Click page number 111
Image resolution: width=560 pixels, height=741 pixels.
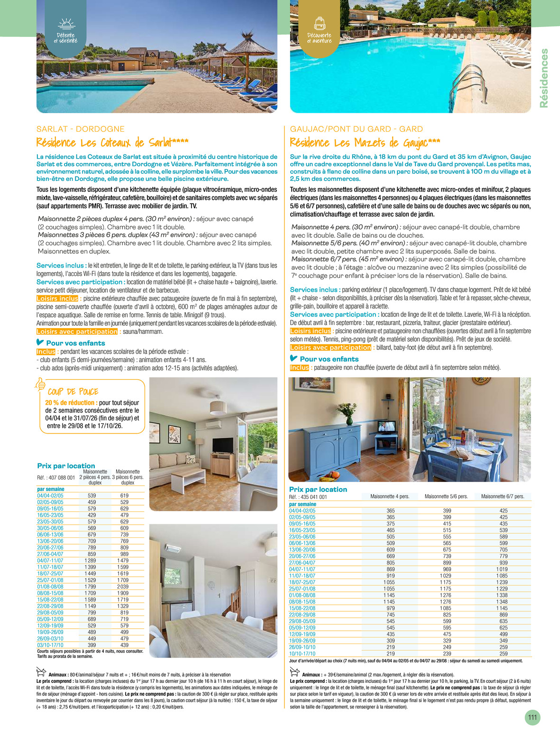tap(532, 717)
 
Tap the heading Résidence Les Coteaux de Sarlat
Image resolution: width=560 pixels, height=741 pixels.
tap(112, 143)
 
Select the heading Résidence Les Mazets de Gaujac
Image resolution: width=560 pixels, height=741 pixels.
tap(365, 143)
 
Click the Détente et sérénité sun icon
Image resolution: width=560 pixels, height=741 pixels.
tap(66, 24)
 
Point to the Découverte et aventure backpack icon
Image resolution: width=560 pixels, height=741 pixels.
tap(319, 24)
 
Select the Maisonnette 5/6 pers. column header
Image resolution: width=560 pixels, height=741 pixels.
tap(446, 496)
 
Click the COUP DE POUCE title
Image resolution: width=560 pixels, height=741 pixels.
tap(73, 392)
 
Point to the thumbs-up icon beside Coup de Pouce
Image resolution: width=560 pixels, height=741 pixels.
tap(41, 384)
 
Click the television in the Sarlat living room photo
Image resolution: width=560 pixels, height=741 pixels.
tap(222, 446)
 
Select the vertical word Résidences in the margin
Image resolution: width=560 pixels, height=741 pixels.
tap(544, 78)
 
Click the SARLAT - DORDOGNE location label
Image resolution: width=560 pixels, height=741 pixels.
tap(81, 129)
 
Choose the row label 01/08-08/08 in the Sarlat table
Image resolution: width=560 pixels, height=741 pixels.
tap(50, 586)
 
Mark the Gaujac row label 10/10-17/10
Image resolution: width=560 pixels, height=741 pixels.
tap(302, 654)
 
